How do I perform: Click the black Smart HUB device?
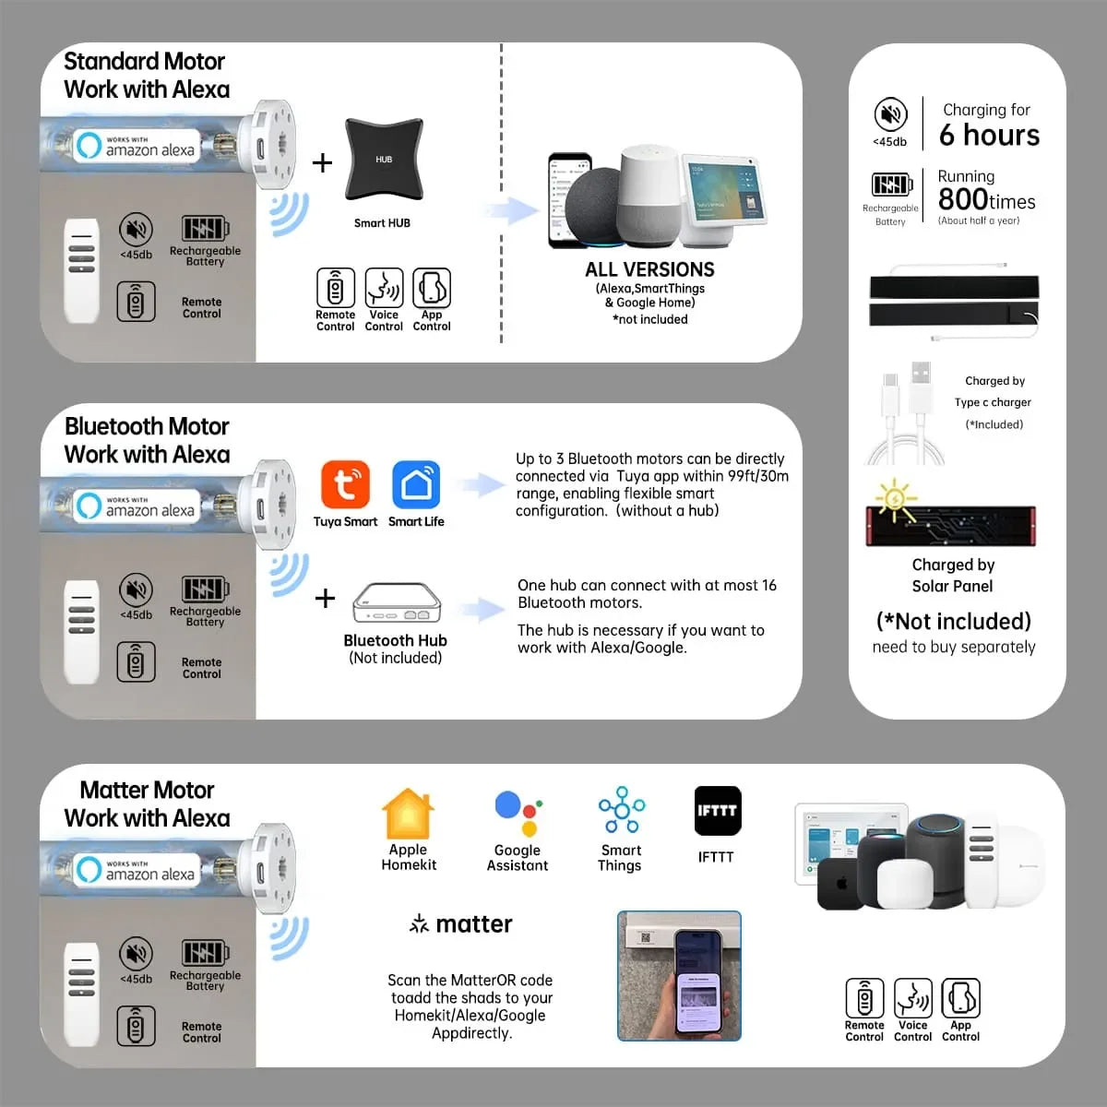(x=384, y=159)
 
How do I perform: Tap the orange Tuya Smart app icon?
(x=345, y=484)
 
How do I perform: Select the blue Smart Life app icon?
(x=416, y=484)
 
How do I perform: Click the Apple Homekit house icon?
(x=408, y=814)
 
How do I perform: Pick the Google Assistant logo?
(x=518, y=813)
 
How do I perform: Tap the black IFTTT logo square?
(x=718, y=810)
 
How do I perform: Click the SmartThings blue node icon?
(x=622, y=809)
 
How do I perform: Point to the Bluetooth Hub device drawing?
(x=397, y=602)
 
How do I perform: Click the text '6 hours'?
(x=989, y=135)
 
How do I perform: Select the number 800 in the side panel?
(x=963, y=198)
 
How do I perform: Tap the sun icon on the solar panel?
(x=895, y=499)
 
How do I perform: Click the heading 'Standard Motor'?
(x=144, y=61)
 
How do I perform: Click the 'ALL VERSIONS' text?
(x=649, y=269)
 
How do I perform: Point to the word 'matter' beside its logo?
(x=474, y=923)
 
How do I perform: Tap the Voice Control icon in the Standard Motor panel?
(x=384, y=287)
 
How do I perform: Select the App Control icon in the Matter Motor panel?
(x=960, y=998)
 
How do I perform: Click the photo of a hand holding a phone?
(x=679, y=975)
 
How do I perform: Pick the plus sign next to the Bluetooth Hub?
(x=325, y=599)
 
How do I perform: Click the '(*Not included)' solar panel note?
(x=954, y=622)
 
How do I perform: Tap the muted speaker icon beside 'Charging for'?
(x=890, y=113)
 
